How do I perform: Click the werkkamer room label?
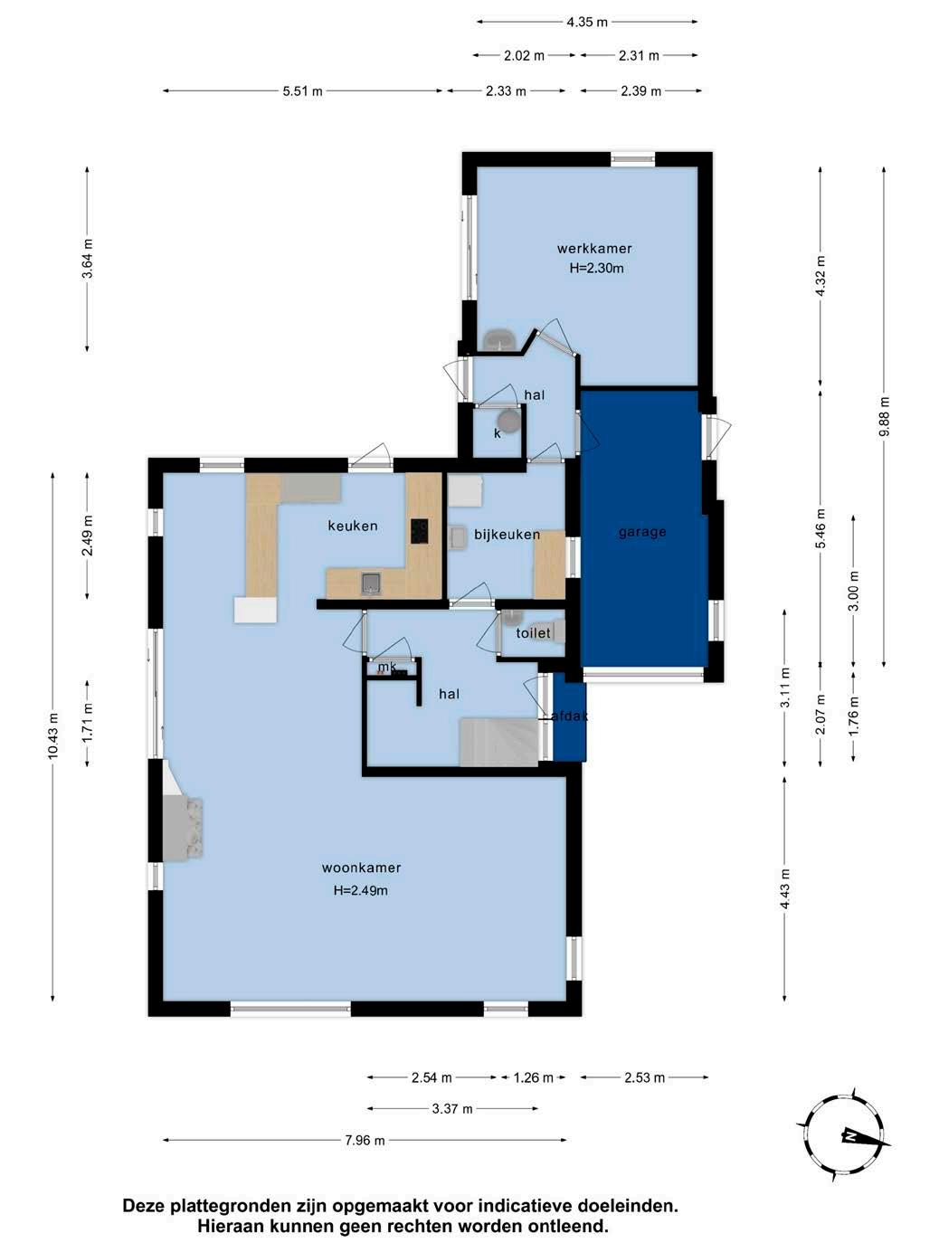594,249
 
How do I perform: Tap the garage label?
642,532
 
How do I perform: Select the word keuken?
352,526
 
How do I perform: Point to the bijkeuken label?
507,535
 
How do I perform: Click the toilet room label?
533,632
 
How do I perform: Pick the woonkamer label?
362,868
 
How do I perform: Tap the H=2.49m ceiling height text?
361,890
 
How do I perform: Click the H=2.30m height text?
596,268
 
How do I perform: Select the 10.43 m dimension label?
53,735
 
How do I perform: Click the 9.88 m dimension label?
884,416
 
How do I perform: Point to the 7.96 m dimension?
365,1140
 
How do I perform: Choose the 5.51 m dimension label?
303,91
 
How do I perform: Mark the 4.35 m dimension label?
587,23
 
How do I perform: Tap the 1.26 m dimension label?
533,1077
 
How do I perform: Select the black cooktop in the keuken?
420,531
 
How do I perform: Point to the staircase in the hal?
499,742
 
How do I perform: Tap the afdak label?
569,716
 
